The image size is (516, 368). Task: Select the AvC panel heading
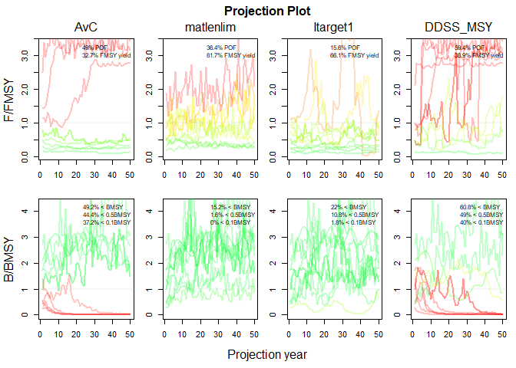85,28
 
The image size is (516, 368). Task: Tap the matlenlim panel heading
210,28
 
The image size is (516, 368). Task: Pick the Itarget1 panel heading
332,28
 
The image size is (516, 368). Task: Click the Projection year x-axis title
267,355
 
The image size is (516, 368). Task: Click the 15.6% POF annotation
343,48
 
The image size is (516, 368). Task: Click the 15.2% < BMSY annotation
227,207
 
